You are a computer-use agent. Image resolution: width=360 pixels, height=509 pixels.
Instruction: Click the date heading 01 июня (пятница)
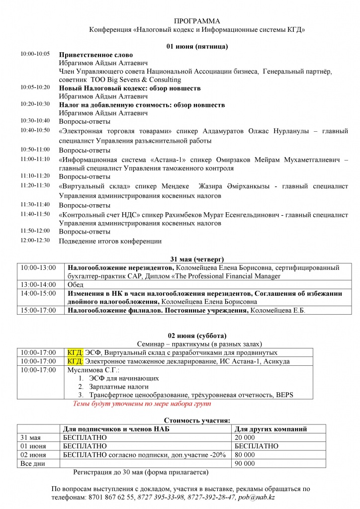point(197,47)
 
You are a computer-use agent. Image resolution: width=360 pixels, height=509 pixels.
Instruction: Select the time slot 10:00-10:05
point(35,54)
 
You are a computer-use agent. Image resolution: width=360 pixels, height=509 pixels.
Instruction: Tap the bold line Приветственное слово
point(96,55)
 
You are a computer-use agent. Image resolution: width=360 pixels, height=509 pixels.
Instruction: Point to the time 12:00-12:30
point(35,240)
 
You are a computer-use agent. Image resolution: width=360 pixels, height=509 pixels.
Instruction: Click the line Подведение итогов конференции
point(110,241)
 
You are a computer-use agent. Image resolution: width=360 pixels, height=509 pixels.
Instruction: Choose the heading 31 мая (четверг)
point(197,259)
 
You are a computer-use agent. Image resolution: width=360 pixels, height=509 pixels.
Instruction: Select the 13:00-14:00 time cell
point(38,284)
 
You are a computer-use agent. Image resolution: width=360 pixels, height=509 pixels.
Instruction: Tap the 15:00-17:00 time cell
point(38,310)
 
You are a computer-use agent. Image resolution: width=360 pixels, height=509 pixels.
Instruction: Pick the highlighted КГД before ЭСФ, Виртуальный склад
point(75,352)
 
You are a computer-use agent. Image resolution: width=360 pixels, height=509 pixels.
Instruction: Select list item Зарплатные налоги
point(118,386)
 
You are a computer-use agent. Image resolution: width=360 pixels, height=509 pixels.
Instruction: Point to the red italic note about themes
point(142,404)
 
